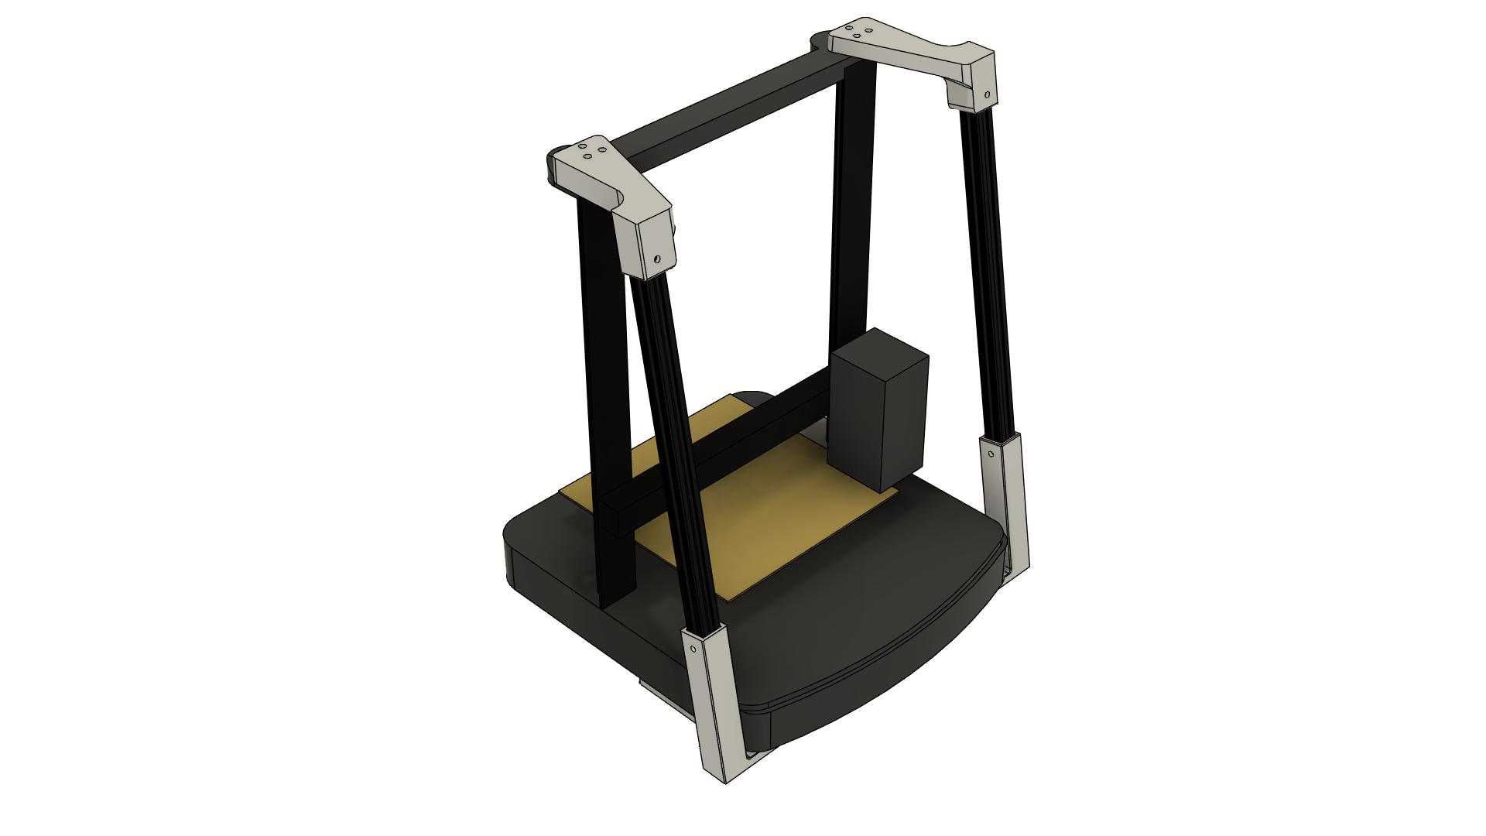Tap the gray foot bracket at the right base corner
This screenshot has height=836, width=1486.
1006,503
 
